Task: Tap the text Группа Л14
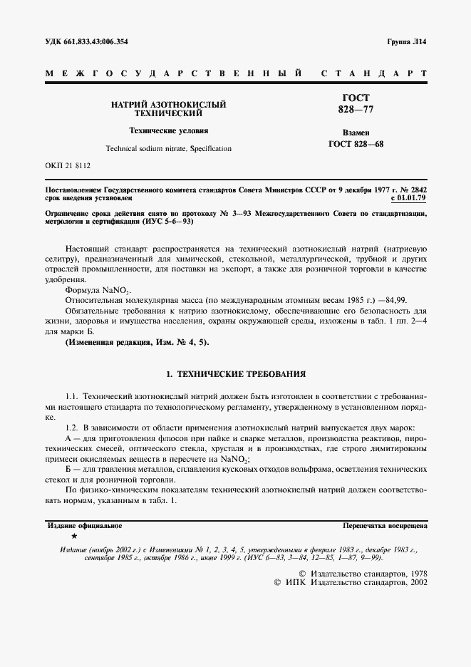(x=407, y=42)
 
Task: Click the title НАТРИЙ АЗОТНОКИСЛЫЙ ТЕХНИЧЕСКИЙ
(x=168, y=108)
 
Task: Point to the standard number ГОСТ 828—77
(x=355, y=105)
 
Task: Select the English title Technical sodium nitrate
(x=146, y=149)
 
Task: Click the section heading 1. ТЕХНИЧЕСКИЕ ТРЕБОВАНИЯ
(x=235, y=374)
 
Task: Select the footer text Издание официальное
(x=85, y=525)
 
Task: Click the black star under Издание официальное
(x=73, y=535)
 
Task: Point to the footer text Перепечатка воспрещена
(x=385, y=525)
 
